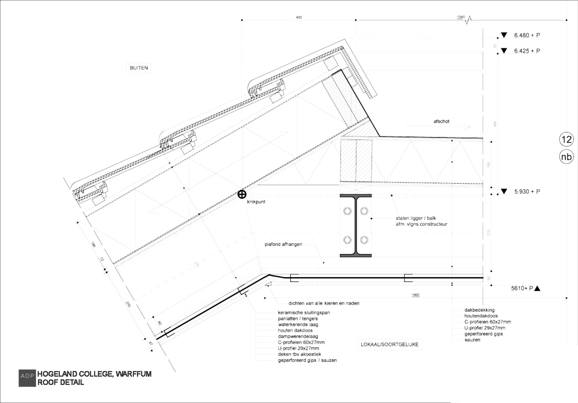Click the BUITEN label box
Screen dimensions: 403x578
click(x=139, y=68)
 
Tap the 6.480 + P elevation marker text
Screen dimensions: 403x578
click(x=527, y=35)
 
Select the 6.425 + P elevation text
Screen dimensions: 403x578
click(x=527, y=51)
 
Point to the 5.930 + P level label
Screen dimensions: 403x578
click(x=527, y=192)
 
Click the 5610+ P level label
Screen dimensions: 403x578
click(x=522, y=289)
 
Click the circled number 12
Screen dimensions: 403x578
click(x=566, y=140)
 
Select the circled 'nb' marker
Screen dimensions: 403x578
click(x=566, y=157)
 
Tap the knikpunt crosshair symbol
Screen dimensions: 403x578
click(x=242, y=194)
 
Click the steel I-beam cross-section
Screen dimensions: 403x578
click(x=356, y=226)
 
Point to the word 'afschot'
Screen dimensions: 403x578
click(x=441, y=122)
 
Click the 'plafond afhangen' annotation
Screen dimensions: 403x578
click(x=283, y=245)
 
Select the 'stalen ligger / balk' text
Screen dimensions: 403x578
click(x=415, y=218)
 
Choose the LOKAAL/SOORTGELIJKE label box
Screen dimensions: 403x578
click(x=389, y=344)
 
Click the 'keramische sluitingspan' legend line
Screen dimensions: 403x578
click(x=304, y=313)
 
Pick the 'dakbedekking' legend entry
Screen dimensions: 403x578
click(x=479, y=310)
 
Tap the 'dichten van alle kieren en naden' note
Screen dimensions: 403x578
click(x=324, y=303)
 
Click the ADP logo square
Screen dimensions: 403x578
click(x=27, y=378)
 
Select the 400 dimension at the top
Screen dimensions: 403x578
click(x=299, y=17)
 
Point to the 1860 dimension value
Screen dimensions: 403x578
click(x=415, y=295)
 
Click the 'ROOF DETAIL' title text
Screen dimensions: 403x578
click(x=61, y=383)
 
